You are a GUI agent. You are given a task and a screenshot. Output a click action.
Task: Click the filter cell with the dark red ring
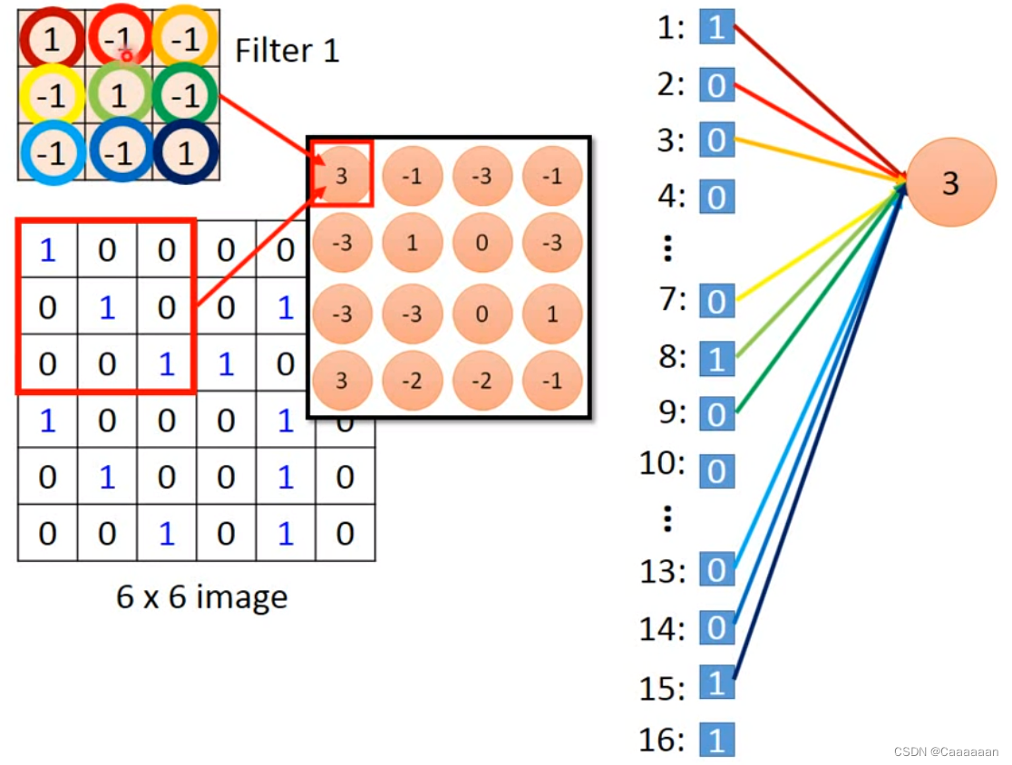pyautogui.click(x=51, y=39)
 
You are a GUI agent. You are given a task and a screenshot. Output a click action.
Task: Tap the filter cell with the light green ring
pyautogui.click(x=119, y=95)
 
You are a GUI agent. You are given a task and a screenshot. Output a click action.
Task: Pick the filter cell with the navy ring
pyautogui.click(x=186, y=153)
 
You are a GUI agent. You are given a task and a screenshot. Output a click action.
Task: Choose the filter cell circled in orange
pyautogui.click(x=186, y=39)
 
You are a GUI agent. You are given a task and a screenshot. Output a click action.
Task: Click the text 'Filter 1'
pyautogui.click(x=287, y=50)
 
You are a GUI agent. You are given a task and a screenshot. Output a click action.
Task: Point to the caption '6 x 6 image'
pyautogui.click(x=201, y=596)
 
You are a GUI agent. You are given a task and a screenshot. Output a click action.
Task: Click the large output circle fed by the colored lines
pyautogui.click(x=949, y=184)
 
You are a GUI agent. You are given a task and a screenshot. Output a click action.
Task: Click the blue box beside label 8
pyautogui.click(x=716, y=359)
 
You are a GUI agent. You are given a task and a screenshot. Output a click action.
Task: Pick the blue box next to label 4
pyautogui.click(x=716, y=197)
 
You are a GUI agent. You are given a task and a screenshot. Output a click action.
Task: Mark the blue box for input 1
pyautogui.click(x=716, y=28)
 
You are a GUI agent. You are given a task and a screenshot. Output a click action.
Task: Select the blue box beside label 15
pyautogui.click(x=716, y=683)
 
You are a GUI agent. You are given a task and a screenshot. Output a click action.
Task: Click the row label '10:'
pyautogui.click(x=663, y=464)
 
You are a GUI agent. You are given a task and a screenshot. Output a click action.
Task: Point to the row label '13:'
pyautogui.click(x=663, y=571)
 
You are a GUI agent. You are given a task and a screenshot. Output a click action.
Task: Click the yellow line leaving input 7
pyautogui.click(x=816, y=245)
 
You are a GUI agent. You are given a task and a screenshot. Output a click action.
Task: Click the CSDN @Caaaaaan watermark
pyautogui.click(x=946, y=751)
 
